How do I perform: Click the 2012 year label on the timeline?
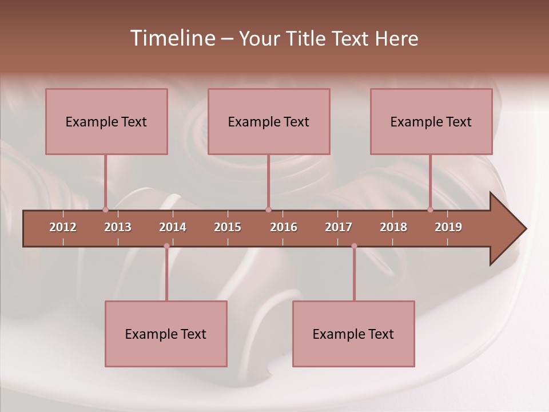click(63, 227)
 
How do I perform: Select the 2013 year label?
click(118, 227)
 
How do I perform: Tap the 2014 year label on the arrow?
click(173, 227)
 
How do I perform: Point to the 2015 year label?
click(228, 227)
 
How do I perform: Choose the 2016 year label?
click(284, 227)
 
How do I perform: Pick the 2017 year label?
click(339, 227)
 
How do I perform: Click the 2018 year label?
click(393, 227)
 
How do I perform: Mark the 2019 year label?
click(448, 227)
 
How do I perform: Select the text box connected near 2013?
click(106, 121)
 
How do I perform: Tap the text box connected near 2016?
click(269, 121)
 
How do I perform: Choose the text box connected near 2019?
click(431, 121)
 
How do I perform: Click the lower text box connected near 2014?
click(166, 334)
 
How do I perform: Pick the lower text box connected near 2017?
click(353, 334)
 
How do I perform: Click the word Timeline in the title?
click(172, 38)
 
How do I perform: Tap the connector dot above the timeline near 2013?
click(105, 210)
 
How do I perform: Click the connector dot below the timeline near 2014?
click(166, 246)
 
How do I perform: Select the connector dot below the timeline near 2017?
click(354, 246)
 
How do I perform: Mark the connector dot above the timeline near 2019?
click(430, 210)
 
